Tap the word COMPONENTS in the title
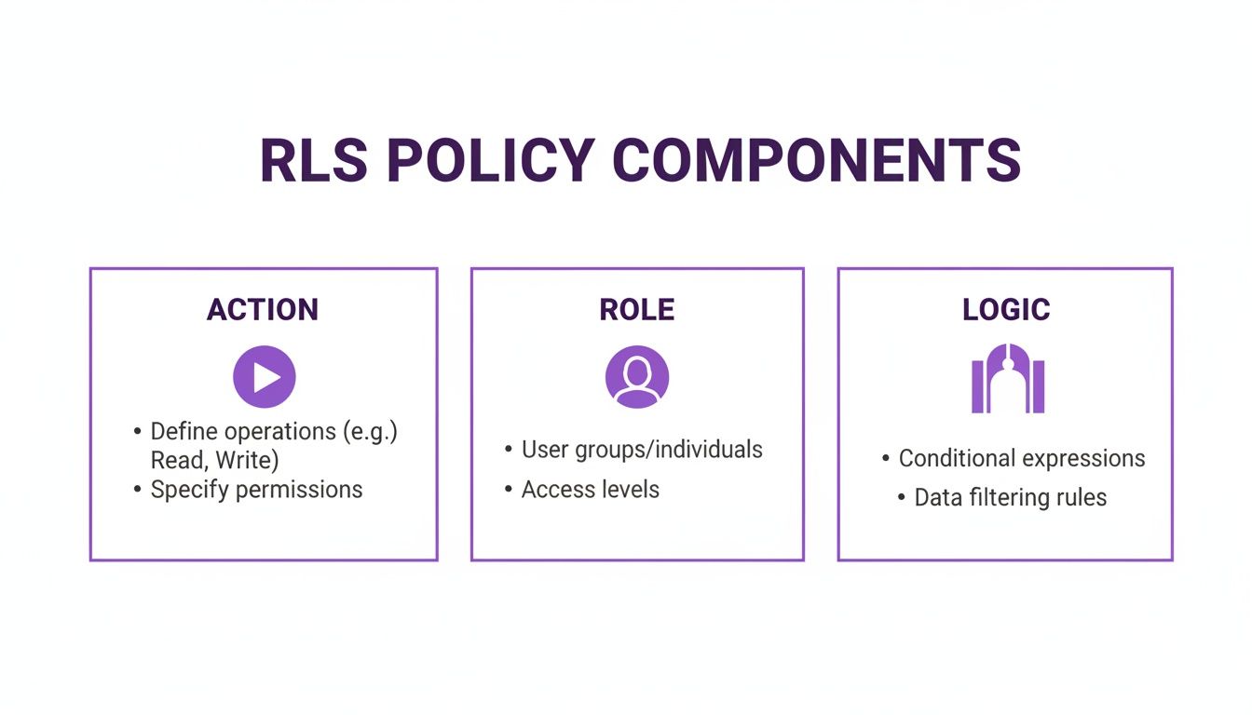(x=817, y=160)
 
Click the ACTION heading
(x=263, y=310)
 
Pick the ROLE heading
(x=637, y=310)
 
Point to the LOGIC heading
(x=1006, y=310)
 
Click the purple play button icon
(x=265, y=377)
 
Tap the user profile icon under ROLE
(x=637, y=377)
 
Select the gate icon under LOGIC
(x=1008, y=378)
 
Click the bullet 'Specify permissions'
(x=256, y=490)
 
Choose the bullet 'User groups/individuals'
(x=642, y=450)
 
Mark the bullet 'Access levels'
(x=590, y=490)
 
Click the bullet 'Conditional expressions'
(x=1022, y=459)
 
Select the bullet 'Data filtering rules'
(x=1011, y=498)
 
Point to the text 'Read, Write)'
(x=215, y=460)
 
